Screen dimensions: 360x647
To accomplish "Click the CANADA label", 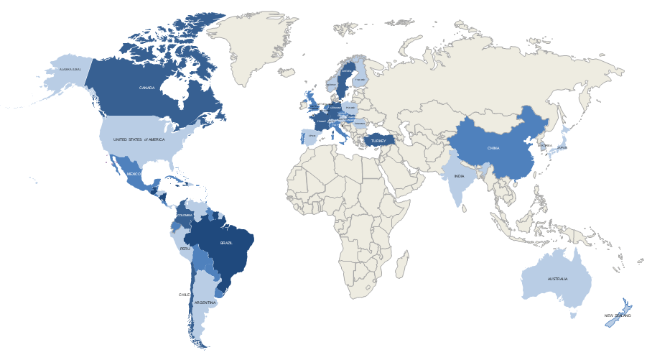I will tap(146, 88).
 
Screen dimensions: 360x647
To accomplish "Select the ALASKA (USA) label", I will tap(70, 70).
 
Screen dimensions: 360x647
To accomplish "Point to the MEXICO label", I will tap(134, 174).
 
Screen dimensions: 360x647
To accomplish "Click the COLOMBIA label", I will tap(185, 215).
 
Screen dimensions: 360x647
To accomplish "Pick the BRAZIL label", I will tap(226, 243).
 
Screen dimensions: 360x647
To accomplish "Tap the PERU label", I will tap(185, 249).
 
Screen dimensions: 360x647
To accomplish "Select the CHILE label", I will tap(184, 295).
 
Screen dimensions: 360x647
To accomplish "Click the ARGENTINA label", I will tap(205, 303).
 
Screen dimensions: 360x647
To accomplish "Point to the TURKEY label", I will tap(378, 141).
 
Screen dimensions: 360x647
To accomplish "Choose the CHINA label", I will tap(493, 148).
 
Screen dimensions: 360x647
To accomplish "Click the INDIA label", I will tap(459, 175).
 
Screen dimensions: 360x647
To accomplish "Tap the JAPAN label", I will tap(562, 147).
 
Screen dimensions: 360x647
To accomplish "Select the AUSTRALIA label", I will tap(557, 279).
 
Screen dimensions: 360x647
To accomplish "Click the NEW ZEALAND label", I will tap(618, 315).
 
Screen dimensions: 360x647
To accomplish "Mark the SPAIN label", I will tap(312, 134).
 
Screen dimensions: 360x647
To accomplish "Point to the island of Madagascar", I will tap(401, 265).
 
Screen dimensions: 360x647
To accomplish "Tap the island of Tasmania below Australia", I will tap(573, 315).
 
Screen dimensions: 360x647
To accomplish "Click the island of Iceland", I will tap(287, 73).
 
